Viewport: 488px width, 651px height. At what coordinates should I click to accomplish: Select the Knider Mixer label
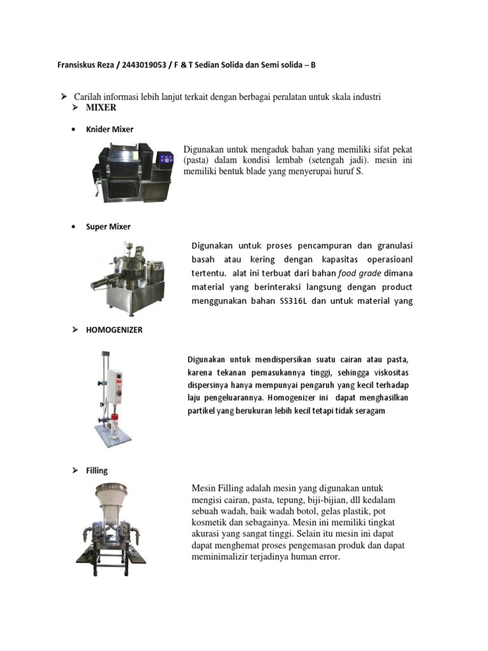[109, 129]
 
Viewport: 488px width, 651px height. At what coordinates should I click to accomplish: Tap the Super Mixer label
[108, 226]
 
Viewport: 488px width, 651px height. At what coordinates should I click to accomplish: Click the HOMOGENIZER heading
[114, 330]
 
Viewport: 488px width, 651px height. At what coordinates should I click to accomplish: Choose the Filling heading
[97, 470]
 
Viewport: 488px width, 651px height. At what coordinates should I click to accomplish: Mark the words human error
[313, 557]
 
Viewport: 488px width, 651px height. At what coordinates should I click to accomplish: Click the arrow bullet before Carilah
[64, 96]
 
